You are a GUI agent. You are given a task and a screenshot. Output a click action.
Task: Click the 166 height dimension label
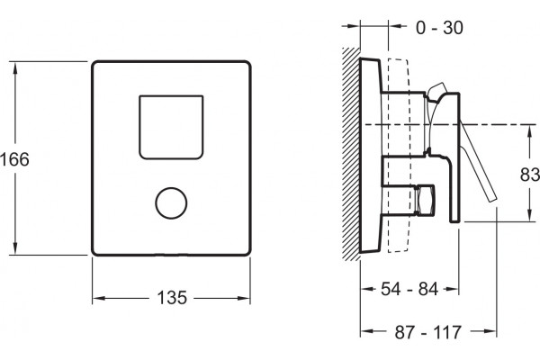click(x=14, y=159)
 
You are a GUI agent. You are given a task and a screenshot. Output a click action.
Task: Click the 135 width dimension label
click(x=172, y=298)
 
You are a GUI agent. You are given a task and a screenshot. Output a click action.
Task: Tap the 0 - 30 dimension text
click(x=439, y=28)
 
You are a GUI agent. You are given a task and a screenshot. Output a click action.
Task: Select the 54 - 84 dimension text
click(x=409, y=289)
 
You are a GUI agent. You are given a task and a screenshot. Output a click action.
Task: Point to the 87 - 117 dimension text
click(x=427, y=332)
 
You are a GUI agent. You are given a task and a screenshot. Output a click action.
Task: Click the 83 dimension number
click(x=530, y=175)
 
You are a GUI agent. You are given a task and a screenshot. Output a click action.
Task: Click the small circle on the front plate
click(x=171, y=202)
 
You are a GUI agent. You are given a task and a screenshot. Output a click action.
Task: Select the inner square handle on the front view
click(x=171, y=127)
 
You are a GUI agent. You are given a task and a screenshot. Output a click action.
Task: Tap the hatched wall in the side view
click(x=351, y=154)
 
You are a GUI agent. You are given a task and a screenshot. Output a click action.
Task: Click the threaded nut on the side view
click(x=425, y=200)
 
